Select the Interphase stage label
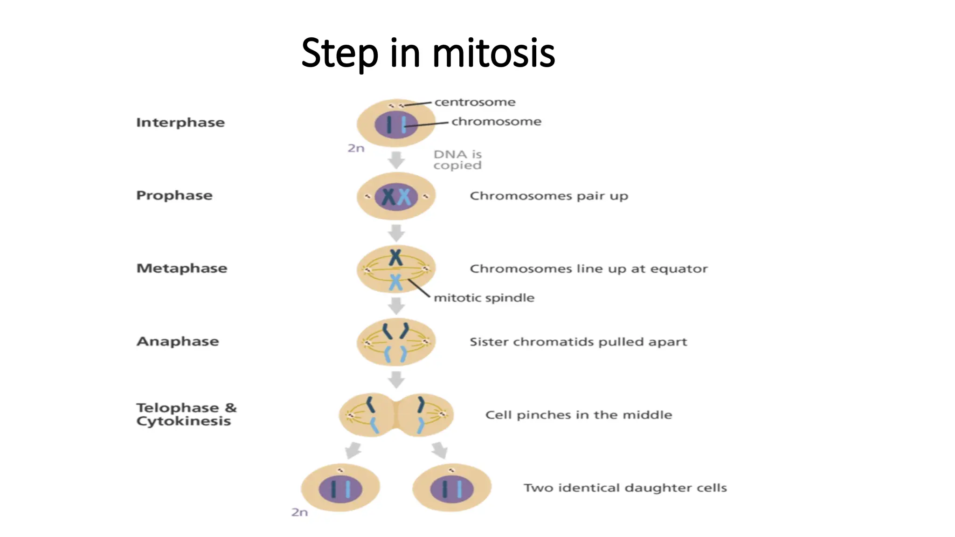click(x=180, y=123)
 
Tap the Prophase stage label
click(x=174, y=195)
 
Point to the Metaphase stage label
click(x=182, y=268)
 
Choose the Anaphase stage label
click(x=178, y=342)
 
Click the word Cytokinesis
click(x=183, y=421)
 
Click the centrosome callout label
click(x=475, y=102)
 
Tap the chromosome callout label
click(x=496, y=122)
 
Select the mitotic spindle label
click(x=484, y=298)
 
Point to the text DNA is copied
click(x=457, y=160)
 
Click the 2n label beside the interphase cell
click(x=356, y=148)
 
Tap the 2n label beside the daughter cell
click(x=299, y=512)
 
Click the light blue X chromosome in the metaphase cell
click(x=395, y=282)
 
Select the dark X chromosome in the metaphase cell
click(x=395, y=257)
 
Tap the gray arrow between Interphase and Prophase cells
click(x=396, y=160)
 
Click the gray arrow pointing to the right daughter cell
click(x=440, y=450)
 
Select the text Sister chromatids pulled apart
click(x=578, y=342)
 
